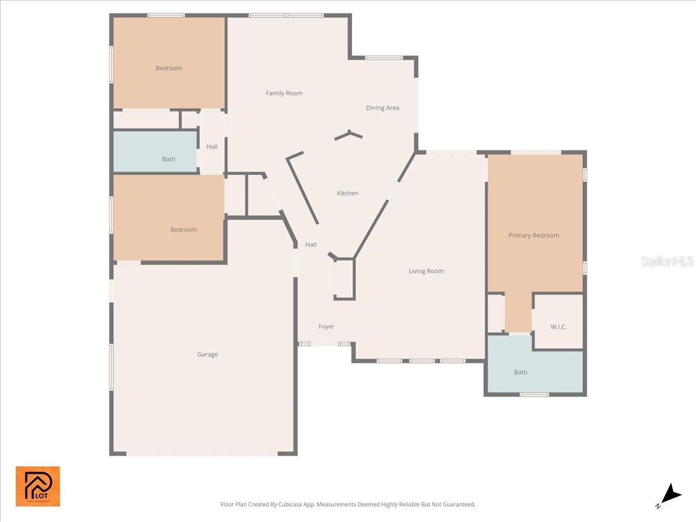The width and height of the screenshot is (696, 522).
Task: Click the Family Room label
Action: (284, 93)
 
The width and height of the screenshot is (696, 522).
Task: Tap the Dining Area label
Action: (382, 108)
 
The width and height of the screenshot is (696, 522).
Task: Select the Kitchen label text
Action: (347, 193)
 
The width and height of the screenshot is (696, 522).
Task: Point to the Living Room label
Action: (426, 271)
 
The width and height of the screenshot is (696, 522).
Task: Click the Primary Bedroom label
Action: (534, 235)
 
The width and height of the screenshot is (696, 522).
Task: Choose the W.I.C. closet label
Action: (558, 327)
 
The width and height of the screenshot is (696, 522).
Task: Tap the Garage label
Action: (207, 354)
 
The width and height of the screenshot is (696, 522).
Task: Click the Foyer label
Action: (326, 327)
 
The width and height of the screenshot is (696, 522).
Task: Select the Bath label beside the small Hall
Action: (168, 159)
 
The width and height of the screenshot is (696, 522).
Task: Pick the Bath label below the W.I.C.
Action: (520, 372)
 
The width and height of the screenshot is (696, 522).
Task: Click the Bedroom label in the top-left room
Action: (169, 68)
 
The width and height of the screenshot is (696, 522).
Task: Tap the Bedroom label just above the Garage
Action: (183, 230)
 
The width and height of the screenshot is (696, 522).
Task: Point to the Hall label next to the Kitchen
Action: (311, 245)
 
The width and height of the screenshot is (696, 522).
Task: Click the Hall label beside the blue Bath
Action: (212, 147)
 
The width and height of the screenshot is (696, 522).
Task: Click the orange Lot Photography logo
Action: (38, 486)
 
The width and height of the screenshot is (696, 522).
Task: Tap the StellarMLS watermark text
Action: (666, 262)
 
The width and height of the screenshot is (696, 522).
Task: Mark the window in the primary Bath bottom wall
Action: (534, 395)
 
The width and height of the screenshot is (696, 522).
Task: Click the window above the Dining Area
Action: (383, 58)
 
